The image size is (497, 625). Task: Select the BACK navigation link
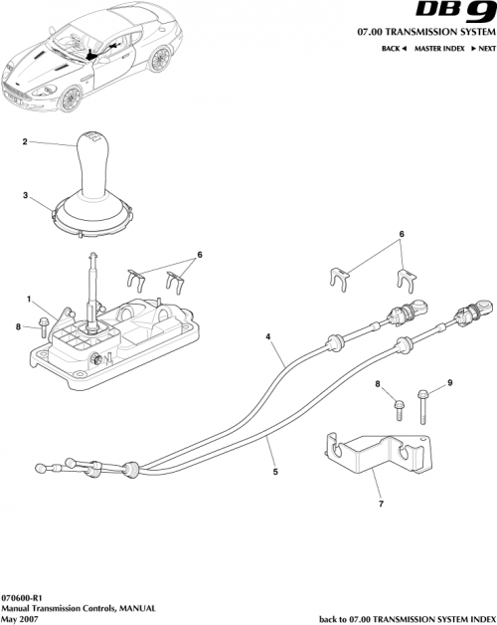tap(393, 48)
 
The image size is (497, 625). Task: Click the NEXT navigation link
tap(482, 48)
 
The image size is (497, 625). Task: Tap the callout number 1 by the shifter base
tap(31, 298)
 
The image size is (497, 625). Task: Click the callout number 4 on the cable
tap(268, 337)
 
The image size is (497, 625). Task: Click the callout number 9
tap(448, 383)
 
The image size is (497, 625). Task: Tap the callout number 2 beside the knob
tap(25, 143)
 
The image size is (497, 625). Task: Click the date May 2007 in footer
tap(20, 618)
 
